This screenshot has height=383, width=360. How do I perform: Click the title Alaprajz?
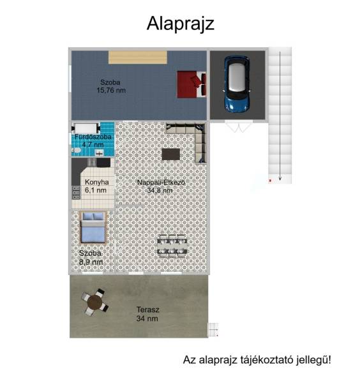(180, 24)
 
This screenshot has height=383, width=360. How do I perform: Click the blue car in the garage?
(237, 84)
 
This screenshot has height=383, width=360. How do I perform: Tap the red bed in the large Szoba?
(191, 84)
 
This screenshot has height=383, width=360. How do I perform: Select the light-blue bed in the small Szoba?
(93, 227)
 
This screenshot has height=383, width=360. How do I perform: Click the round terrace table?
(95, 302)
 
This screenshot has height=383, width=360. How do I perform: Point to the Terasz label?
(147, 310)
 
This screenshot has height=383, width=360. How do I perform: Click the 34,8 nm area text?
(160, 190)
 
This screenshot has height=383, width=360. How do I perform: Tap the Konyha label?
(97, 182)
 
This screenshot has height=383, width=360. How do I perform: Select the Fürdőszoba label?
(93, 137)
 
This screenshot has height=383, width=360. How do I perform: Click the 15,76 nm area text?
(111, 91)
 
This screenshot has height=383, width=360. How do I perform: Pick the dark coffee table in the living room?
(171, 154)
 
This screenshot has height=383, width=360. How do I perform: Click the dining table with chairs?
(172, 246)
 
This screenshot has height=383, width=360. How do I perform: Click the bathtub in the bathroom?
(86, 128)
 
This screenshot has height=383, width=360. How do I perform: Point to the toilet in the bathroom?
(76, 150)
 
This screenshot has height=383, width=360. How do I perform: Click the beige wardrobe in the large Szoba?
(138, 57)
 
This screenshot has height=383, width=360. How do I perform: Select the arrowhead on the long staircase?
(280, 178)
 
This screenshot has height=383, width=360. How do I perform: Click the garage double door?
(238, 126)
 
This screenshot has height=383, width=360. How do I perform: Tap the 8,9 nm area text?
(91, 262)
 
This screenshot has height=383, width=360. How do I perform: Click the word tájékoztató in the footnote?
(267, 360)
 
